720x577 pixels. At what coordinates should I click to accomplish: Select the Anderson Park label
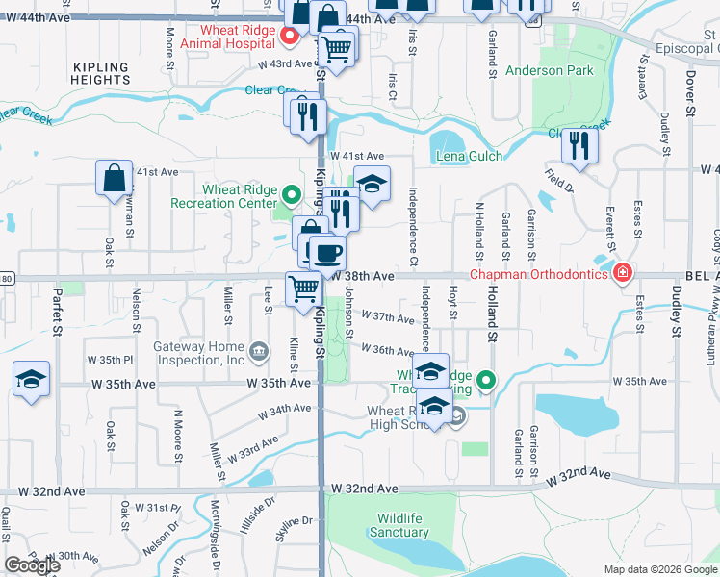(x=563, y=70)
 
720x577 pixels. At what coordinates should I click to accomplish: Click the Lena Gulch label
(x=464, y=156)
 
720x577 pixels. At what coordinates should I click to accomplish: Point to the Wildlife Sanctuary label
(x=399, y=525)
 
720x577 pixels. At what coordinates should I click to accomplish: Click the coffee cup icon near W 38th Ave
(x=327, y=252)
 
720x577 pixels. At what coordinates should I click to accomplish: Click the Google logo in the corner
(x=32, y=565)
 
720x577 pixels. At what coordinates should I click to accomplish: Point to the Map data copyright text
(x=658, y=569)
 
